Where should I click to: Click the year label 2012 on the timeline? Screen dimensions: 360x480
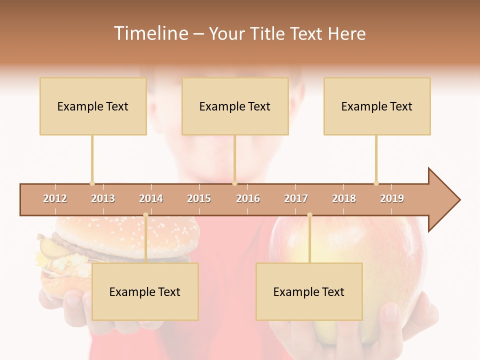55,198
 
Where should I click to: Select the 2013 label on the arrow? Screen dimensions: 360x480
103,198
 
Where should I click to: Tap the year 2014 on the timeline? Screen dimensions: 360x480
151,198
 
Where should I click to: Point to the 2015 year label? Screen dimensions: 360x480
199,198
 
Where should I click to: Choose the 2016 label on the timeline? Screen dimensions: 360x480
248,198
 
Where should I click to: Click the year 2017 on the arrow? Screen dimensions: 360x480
296,198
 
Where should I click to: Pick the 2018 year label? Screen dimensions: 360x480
344,198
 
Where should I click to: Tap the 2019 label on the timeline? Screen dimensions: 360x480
392,198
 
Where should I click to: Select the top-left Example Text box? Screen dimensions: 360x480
93,106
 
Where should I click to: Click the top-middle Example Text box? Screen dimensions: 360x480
235,106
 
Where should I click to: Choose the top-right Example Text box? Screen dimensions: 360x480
377,106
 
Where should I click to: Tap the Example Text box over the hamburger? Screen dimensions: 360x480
145,291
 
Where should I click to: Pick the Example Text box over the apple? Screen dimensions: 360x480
309,291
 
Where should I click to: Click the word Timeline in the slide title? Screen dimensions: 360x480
150,33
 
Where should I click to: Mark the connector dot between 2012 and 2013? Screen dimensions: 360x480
92,183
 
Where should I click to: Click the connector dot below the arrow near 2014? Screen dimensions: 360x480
146,215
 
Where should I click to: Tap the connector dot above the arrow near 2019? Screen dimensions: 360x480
376,183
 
